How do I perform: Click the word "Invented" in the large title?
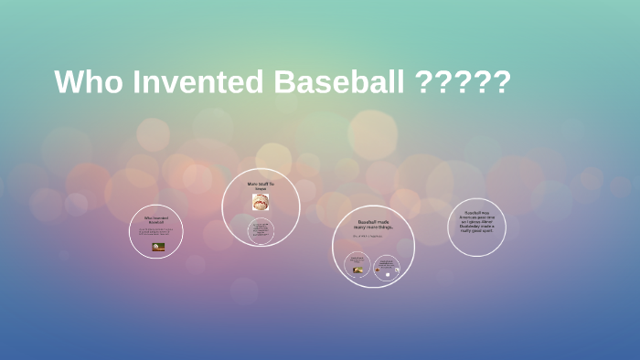pos(193,82)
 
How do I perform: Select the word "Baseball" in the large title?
pos(338,82)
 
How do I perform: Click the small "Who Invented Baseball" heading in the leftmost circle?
pos(156,219)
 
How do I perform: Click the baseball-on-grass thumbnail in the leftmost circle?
pos(157,246)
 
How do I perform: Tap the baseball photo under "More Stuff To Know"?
pos(261,201)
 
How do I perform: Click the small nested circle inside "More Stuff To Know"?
pos(261,230)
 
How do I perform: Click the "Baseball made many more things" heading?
pos(374,225)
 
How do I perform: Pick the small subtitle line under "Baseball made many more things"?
pos(373,237)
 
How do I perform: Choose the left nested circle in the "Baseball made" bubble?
pos(358,266)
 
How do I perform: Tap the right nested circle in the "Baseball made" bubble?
pos(387,267)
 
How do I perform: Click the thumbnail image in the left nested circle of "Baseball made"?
pos(358,270)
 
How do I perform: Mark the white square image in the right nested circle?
pos(387,271)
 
